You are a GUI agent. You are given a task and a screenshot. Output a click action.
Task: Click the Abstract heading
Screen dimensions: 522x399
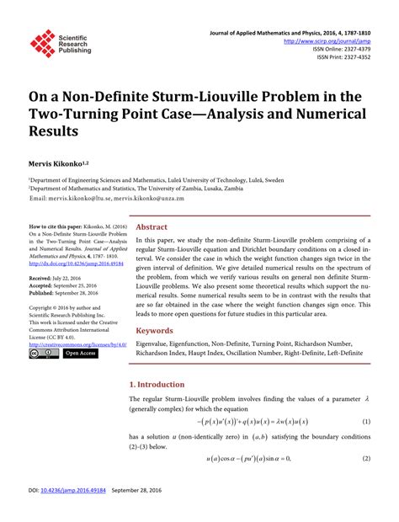click(152, 227)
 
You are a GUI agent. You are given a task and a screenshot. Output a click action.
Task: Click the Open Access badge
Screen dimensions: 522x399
click(81, 354)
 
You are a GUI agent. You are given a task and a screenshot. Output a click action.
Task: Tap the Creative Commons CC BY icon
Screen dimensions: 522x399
click(43, 354)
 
